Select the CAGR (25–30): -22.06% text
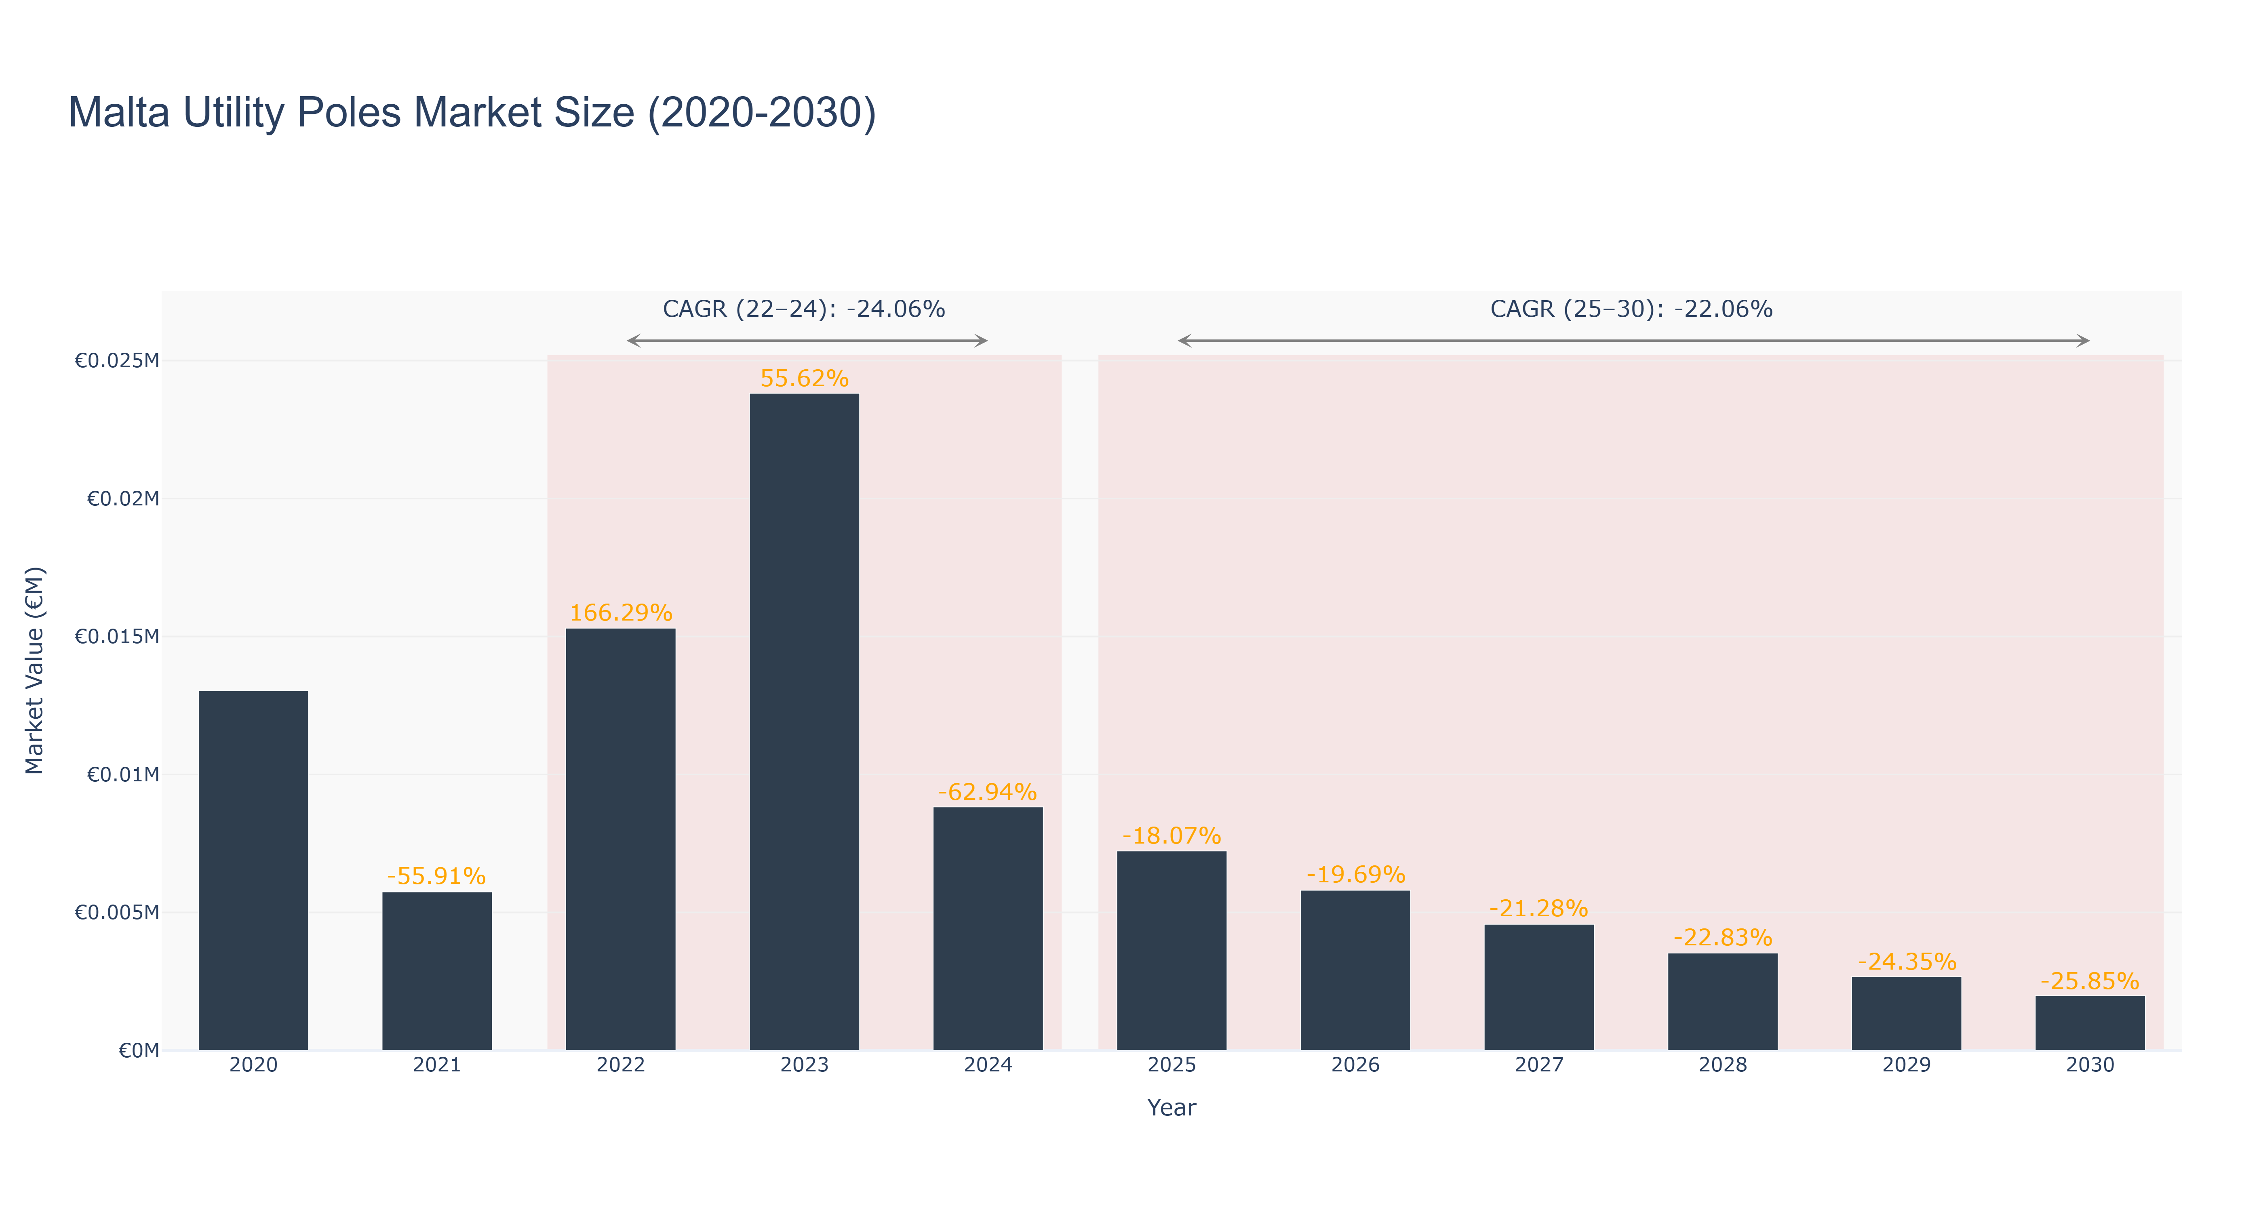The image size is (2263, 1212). [x=1631, y=309]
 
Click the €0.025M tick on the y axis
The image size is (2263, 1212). [x=117, y=360]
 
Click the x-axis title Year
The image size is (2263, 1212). [x=1171, y=1107]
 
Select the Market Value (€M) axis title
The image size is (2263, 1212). [x=34, y=670]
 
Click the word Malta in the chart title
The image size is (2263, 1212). [x=118, y=112]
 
